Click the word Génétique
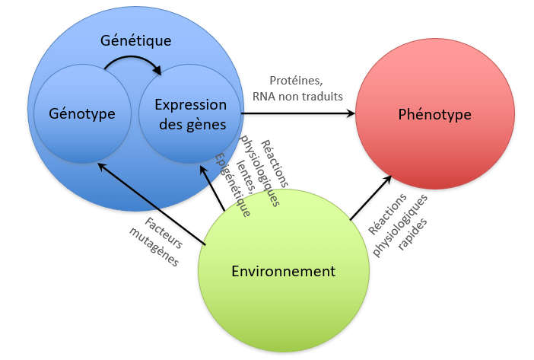[136, 40]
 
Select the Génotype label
[82, 114]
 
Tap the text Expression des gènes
[190, 114]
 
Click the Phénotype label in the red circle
[434, 115]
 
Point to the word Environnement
[283, 271]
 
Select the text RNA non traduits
[297, 96]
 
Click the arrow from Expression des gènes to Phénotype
[297, 114]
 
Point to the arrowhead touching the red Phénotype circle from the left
[351, 114]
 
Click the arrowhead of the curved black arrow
[157, 71]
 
